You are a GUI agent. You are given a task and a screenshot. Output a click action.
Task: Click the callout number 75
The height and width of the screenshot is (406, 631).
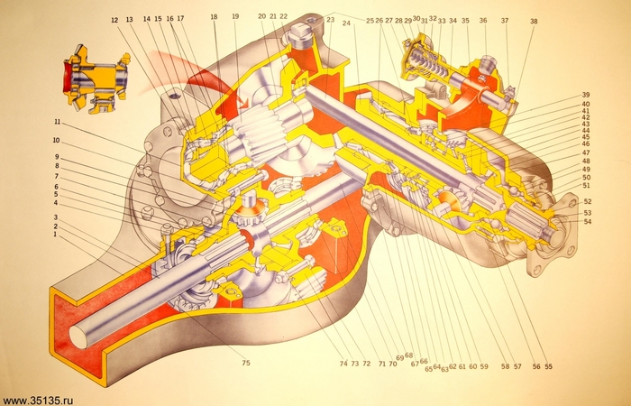click(244, 364)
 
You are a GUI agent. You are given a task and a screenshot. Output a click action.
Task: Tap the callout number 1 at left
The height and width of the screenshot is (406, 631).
click(55, 235)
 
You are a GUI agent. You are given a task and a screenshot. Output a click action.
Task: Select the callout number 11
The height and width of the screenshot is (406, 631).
click(56, 123)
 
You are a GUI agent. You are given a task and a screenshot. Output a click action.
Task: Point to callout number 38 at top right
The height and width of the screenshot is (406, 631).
click(534, 21)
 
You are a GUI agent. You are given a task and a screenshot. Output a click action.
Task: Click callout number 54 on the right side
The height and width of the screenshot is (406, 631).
click(588, 221)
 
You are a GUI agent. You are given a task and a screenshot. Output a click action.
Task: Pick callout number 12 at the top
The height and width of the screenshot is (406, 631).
click(114, 19)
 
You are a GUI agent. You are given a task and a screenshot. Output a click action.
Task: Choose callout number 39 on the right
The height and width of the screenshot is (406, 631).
click(586, 96)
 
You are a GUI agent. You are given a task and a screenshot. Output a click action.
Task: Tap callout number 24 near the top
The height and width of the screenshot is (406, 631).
click(346, 24)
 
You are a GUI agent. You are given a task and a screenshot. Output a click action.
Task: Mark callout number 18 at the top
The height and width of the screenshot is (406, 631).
click(214, 17)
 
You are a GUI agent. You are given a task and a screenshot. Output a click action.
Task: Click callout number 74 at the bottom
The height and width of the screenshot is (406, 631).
click(343, 364)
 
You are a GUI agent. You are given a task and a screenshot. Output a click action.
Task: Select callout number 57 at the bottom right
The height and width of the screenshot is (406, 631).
click(517, 367)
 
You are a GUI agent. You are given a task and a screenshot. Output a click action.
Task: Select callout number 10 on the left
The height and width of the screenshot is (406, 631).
click(56, 141)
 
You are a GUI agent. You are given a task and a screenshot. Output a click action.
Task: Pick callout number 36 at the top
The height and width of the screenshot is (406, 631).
click(483, 21)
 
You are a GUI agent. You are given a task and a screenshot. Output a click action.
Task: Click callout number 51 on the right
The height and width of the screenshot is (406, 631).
click(587, 186)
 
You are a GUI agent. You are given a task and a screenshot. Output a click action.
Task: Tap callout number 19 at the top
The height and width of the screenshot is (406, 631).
click(235, 17)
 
